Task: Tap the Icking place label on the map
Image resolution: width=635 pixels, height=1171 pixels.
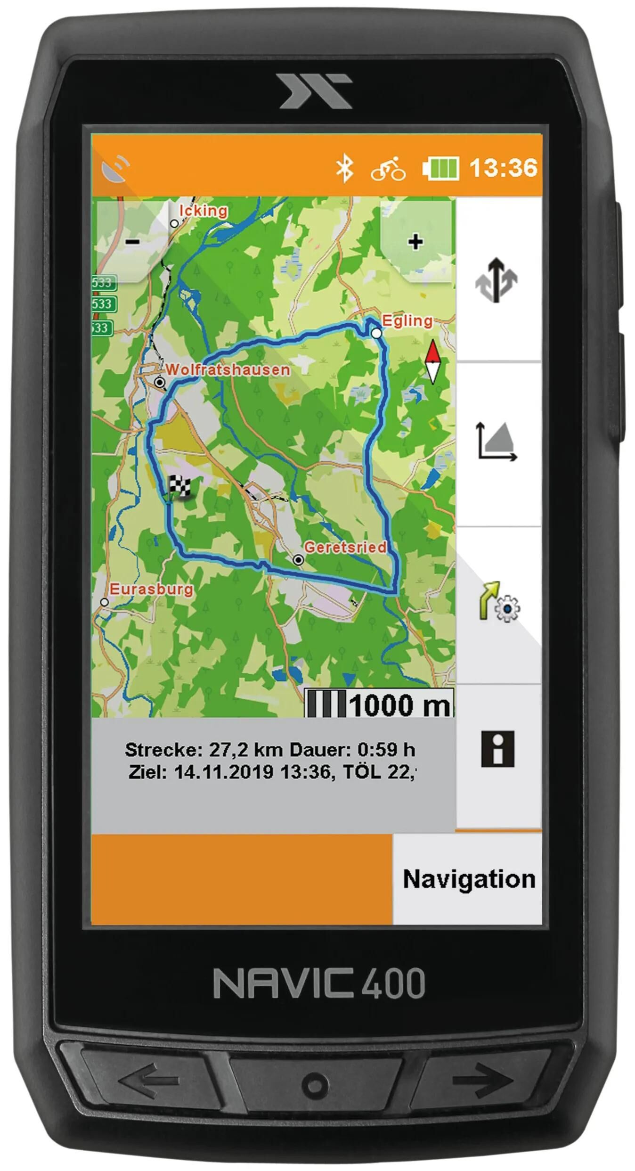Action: coord(203,211)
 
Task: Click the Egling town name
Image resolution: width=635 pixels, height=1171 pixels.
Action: coord(407,321)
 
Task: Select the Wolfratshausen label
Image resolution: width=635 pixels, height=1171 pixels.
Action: coord(228,369)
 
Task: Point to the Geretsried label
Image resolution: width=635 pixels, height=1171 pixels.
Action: coord(345,547)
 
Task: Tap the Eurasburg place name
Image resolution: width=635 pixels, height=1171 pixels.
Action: coord(151,589)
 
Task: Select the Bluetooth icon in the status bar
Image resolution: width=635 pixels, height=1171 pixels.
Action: coord(344,168)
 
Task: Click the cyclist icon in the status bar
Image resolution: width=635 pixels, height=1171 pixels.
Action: coord(388,168)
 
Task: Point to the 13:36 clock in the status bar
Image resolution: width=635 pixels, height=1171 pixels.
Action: coord(503,167)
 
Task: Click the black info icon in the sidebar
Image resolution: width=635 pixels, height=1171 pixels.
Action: coord(497,749)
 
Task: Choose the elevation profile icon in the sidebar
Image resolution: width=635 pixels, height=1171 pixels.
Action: coord(497,441)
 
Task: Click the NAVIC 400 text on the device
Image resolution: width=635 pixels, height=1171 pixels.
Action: coord(319,983)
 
